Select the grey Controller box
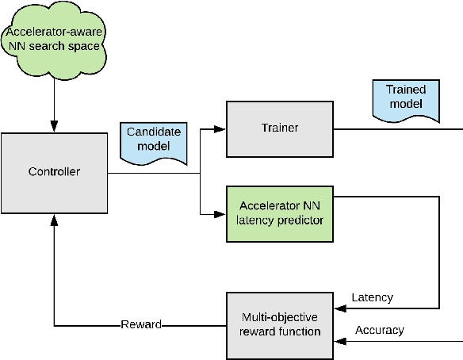coord(53,171)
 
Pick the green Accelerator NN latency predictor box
coord(281,213)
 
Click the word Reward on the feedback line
coord(140,324)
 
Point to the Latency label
coord(372,297)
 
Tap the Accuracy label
coord(380,330)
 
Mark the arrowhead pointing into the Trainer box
coord(222,128)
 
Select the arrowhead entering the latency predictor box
coord(222,213)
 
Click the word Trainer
coord(280,128)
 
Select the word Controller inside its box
coord(53,171)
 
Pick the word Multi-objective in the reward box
coord(280,317)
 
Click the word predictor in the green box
coord(302,220)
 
